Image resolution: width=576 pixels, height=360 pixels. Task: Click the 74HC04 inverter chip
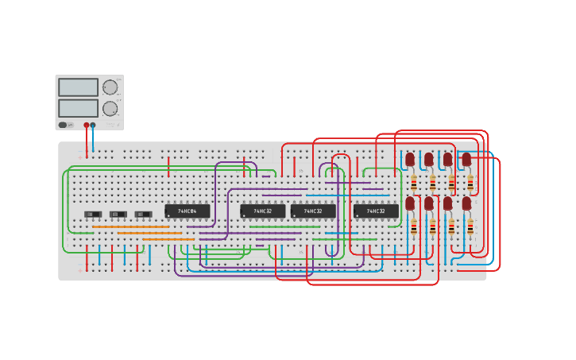(187, 211)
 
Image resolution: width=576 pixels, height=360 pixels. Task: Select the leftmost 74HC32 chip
(262, 211)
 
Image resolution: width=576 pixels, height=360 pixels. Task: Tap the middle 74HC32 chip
(313, 211)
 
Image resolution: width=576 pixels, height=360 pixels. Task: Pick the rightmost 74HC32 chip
(376, 211)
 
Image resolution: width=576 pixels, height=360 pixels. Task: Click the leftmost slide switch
(93, 214)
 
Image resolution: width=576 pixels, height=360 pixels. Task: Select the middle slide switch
(118, 214)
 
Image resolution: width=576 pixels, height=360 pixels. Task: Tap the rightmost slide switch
(144, 214)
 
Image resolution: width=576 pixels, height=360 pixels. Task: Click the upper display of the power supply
(78, 87)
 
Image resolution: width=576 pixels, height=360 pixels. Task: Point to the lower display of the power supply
(78, 108)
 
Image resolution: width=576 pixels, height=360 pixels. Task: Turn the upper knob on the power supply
(110, 87)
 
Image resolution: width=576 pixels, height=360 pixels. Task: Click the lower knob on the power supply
(110, 109)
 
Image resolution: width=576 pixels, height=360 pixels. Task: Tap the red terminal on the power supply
(87, 125)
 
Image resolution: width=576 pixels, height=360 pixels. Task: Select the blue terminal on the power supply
(93, 125)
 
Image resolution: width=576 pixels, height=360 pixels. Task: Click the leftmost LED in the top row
(410, 160)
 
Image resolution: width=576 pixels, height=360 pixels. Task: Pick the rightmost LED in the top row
(467, 160)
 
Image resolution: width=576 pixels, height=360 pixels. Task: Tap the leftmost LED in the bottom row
(410, 203)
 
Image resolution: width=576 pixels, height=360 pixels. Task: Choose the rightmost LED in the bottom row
(467, 203)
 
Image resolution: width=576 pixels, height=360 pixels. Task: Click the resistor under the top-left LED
(414, 183)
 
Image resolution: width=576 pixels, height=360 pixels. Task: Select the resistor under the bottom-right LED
(470, 228)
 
